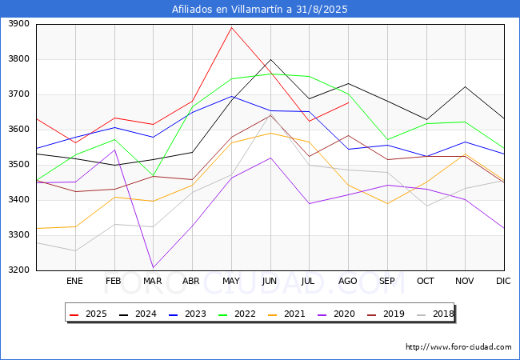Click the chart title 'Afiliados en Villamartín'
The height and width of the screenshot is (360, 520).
point(260,10)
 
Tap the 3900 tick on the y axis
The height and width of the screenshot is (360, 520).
point(18,24)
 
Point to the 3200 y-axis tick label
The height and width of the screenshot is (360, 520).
point(18,270)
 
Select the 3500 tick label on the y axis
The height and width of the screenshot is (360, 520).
point(18,165)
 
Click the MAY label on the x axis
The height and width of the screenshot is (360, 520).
point(231,281)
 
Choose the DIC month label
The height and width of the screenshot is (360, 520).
point(503,281)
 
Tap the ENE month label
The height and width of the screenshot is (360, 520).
point(74,281)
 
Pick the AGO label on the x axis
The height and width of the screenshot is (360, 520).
point(348,281)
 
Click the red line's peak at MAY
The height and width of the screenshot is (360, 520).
point(231,28)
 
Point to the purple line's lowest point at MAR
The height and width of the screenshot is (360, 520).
point(153,267)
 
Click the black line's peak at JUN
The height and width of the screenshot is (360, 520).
point(270,60)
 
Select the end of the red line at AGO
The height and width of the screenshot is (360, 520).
point(348,102)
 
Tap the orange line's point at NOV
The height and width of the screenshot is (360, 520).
point(465,154)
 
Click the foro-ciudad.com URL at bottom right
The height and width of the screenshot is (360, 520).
point(458,347)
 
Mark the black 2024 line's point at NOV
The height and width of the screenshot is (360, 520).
point(465,86)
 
